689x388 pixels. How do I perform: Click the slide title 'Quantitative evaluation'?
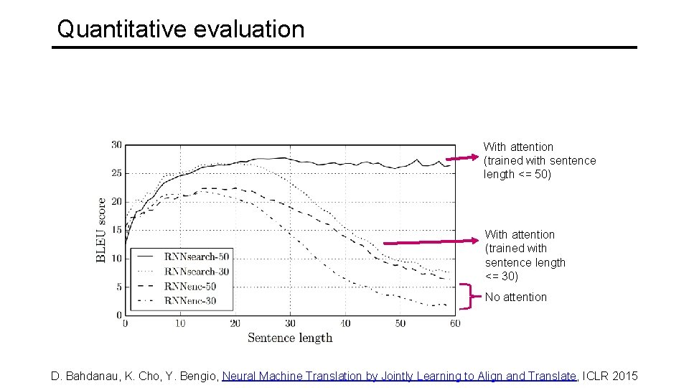click(x=181, y=29)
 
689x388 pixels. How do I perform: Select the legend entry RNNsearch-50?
click(x=196, y=256)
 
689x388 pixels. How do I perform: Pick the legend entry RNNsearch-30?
click(x=196, y=271)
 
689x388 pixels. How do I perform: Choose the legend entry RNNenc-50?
click(x=189, y=286)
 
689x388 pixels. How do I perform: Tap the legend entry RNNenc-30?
click(x=189, y=301)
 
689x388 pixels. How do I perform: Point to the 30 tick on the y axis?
click(x=116, y=145)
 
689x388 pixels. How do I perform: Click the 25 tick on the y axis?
click(x=116, y=173)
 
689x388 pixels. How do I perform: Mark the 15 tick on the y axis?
click(x=116, y=230)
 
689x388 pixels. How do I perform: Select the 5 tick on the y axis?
click(x=118, y=287)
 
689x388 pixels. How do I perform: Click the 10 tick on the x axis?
click(x=180, y=323)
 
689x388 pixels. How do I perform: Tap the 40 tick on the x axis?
click(x=345, y=323)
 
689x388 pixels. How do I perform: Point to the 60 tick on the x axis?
click(x=455, y=323)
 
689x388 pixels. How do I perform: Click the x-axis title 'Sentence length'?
click(x=290, y=338)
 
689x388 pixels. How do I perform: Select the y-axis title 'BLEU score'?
click(x=101, y=230)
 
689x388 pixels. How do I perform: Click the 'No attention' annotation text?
click(x=515, y=297)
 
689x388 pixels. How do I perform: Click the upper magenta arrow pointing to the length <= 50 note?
click(x=462, y=158)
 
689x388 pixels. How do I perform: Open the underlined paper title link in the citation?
click(x=400, y=376)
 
